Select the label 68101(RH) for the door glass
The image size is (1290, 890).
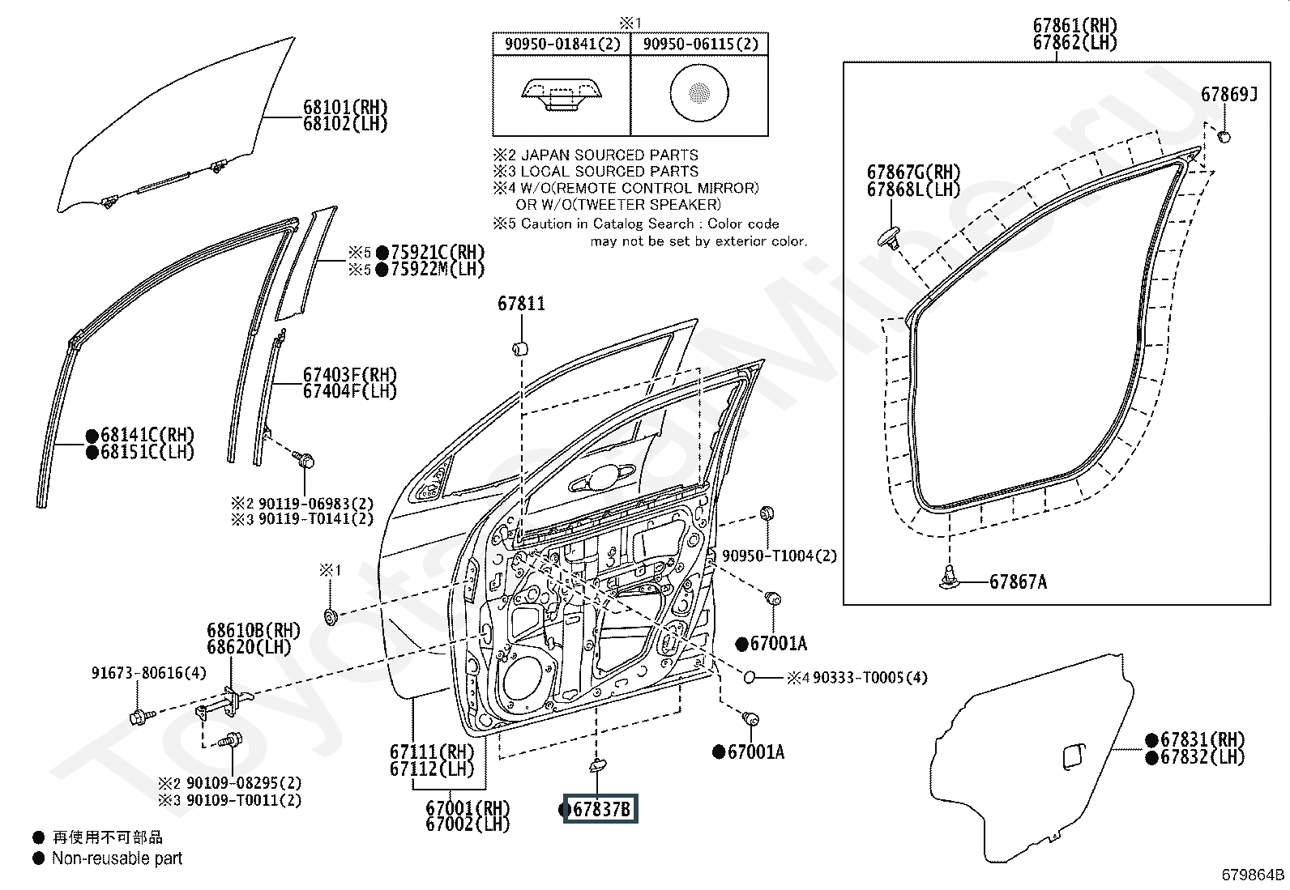(345, 107)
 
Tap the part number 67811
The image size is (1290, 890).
(521, 304)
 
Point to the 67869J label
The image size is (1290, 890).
(1229, 95)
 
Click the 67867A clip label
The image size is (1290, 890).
(1019, 582)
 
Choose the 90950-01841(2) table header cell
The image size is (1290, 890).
(562, 45)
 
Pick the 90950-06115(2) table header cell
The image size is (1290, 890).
(700, 45)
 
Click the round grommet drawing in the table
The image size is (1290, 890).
(699, 92)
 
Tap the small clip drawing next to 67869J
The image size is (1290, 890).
(1224, 136)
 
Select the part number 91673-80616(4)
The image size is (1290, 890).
(149, 673)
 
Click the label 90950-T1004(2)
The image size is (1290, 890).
(780, 556)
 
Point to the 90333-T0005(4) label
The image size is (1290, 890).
(869, 678)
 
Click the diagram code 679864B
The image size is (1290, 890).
(1254, 875)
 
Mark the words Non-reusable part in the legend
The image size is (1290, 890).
(117, 858)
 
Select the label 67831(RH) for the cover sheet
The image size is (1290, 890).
(1202, 739)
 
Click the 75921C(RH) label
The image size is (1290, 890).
(438, 252)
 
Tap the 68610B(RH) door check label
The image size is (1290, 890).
(254, 630)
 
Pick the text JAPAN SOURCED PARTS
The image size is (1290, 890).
(609, 155)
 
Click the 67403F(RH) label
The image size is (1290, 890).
(350, 375)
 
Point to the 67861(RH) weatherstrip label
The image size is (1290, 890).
(1074, 26)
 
